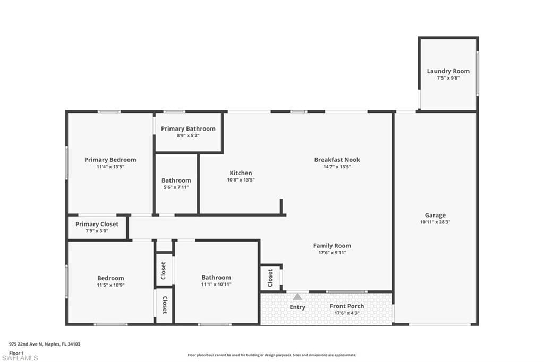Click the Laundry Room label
(x=448, y=71)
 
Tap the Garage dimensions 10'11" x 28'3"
(x=435, y=222)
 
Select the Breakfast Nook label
(x=337, y=160)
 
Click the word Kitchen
(x=241, y=173)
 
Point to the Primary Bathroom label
(x=188, y=128)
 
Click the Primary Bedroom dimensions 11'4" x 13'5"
(x=110, y=167)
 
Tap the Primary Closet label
(x=97, y=224)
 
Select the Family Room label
(x=332, y=246)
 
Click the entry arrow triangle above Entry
(x=297, y=297)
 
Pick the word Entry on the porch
(x=297, y=307)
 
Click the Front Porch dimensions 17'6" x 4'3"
(x=346, y=313)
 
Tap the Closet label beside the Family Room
(x=270, y=277)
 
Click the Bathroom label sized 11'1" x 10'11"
(x=216, y=278)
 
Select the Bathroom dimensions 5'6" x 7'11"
(x=175, y=187)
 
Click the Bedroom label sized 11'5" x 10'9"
(x=110, y=278)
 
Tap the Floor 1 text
(x=16, y=352)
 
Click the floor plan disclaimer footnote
(x=271, y=355)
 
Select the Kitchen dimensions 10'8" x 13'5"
(x=241, y=180)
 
